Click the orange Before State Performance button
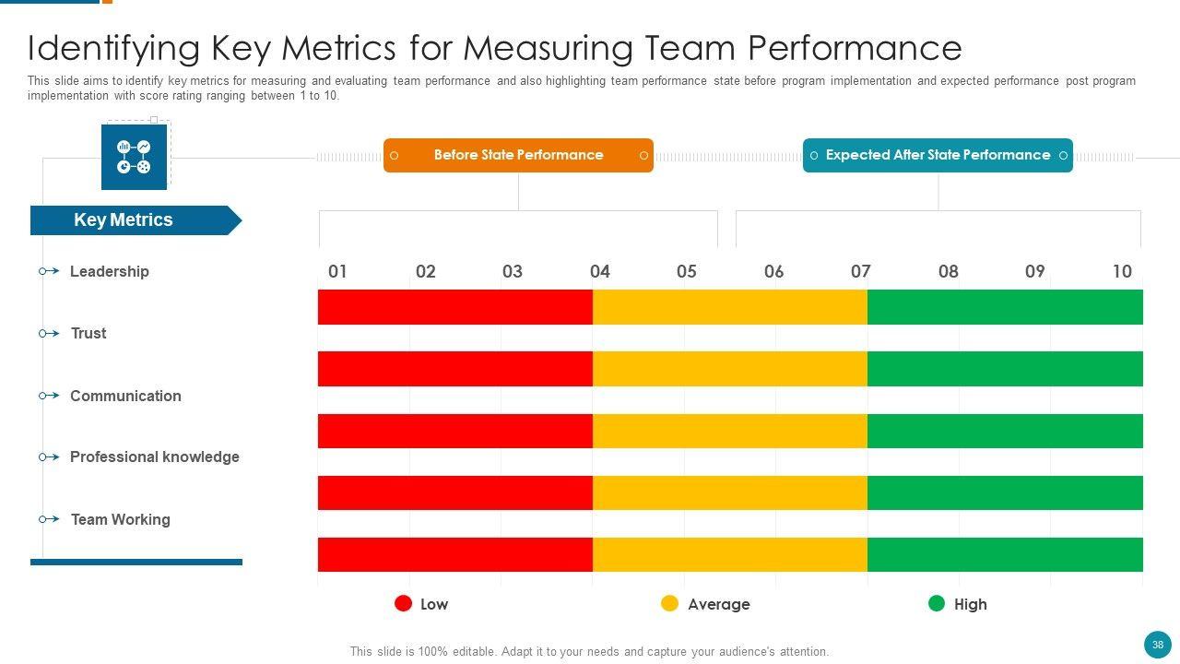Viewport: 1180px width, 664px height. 518,155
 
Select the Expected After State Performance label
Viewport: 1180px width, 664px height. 938,155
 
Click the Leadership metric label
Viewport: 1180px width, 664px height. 109,271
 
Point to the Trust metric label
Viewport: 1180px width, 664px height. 88,334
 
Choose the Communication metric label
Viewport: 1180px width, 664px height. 125,396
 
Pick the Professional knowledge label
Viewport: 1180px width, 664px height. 154,457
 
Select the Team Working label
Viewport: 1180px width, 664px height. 120,519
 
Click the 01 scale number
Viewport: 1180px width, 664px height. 337,271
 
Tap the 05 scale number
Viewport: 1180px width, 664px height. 687,271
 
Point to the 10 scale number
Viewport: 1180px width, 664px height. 1122,271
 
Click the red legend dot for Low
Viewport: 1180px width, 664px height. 403,603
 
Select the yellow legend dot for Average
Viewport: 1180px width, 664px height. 670,603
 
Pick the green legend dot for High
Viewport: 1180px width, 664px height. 937,603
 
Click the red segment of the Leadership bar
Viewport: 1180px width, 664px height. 454,307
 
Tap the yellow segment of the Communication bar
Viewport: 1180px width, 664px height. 729,431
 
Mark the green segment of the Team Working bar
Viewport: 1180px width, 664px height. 1005,554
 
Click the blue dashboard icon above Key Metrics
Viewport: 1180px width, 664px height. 134,157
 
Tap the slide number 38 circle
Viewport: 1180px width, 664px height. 1157,645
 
